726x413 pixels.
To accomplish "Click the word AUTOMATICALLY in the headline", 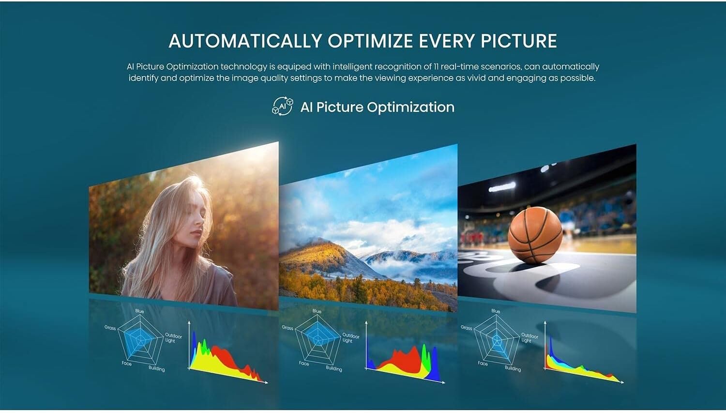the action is (x=245, y=41).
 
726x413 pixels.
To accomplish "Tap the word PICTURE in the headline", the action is (x=518, y=41).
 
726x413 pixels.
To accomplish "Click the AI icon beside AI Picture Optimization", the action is (x=282, y=106).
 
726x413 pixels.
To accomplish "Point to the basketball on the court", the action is (x=535, y=235).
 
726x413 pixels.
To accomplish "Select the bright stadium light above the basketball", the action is (x=502, y=187).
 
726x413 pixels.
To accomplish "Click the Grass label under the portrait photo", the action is (x=110, y=328).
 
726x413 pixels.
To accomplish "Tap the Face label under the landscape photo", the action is (x=304, y=364).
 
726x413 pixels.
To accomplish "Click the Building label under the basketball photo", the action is (x=513, y=368).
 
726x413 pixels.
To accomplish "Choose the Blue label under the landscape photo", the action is (x=317, y=311).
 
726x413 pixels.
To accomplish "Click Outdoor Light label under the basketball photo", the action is (x=529, y=338).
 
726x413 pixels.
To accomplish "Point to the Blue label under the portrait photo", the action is (x=140, y=311).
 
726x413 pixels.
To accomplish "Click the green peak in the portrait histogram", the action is (x=204, y=346).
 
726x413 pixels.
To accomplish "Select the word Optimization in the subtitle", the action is (x=410, y=107).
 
